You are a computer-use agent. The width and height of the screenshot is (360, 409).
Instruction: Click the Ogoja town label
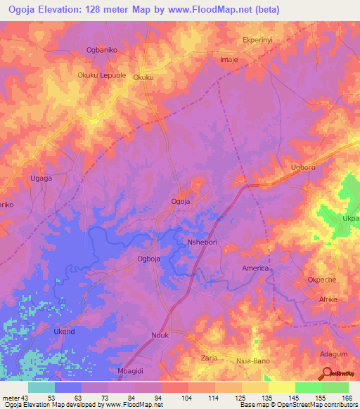tap(181, 202)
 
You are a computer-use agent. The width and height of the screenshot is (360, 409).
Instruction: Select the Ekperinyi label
tap(257, 41)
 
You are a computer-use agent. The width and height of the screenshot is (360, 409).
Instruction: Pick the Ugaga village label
tap(41, 178)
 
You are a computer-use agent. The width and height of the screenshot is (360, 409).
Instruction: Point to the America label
tap(255, 268)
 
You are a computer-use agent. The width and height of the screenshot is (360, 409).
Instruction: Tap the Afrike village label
tap(328, 299)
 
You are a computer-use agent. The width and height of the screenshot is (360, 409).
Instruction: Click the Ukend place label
tap(63, 331)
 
